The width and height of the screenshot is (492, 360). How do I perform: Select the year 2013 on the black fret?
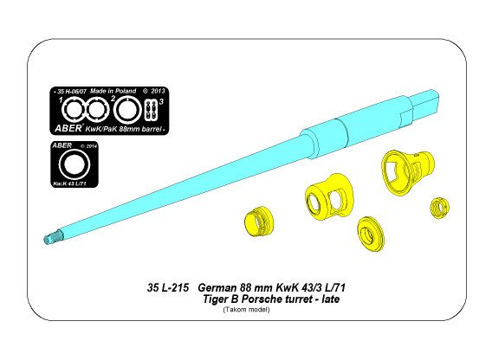[159, 90]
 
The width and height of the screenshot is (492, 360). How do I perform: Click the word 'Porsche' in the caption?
[276, 299]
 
